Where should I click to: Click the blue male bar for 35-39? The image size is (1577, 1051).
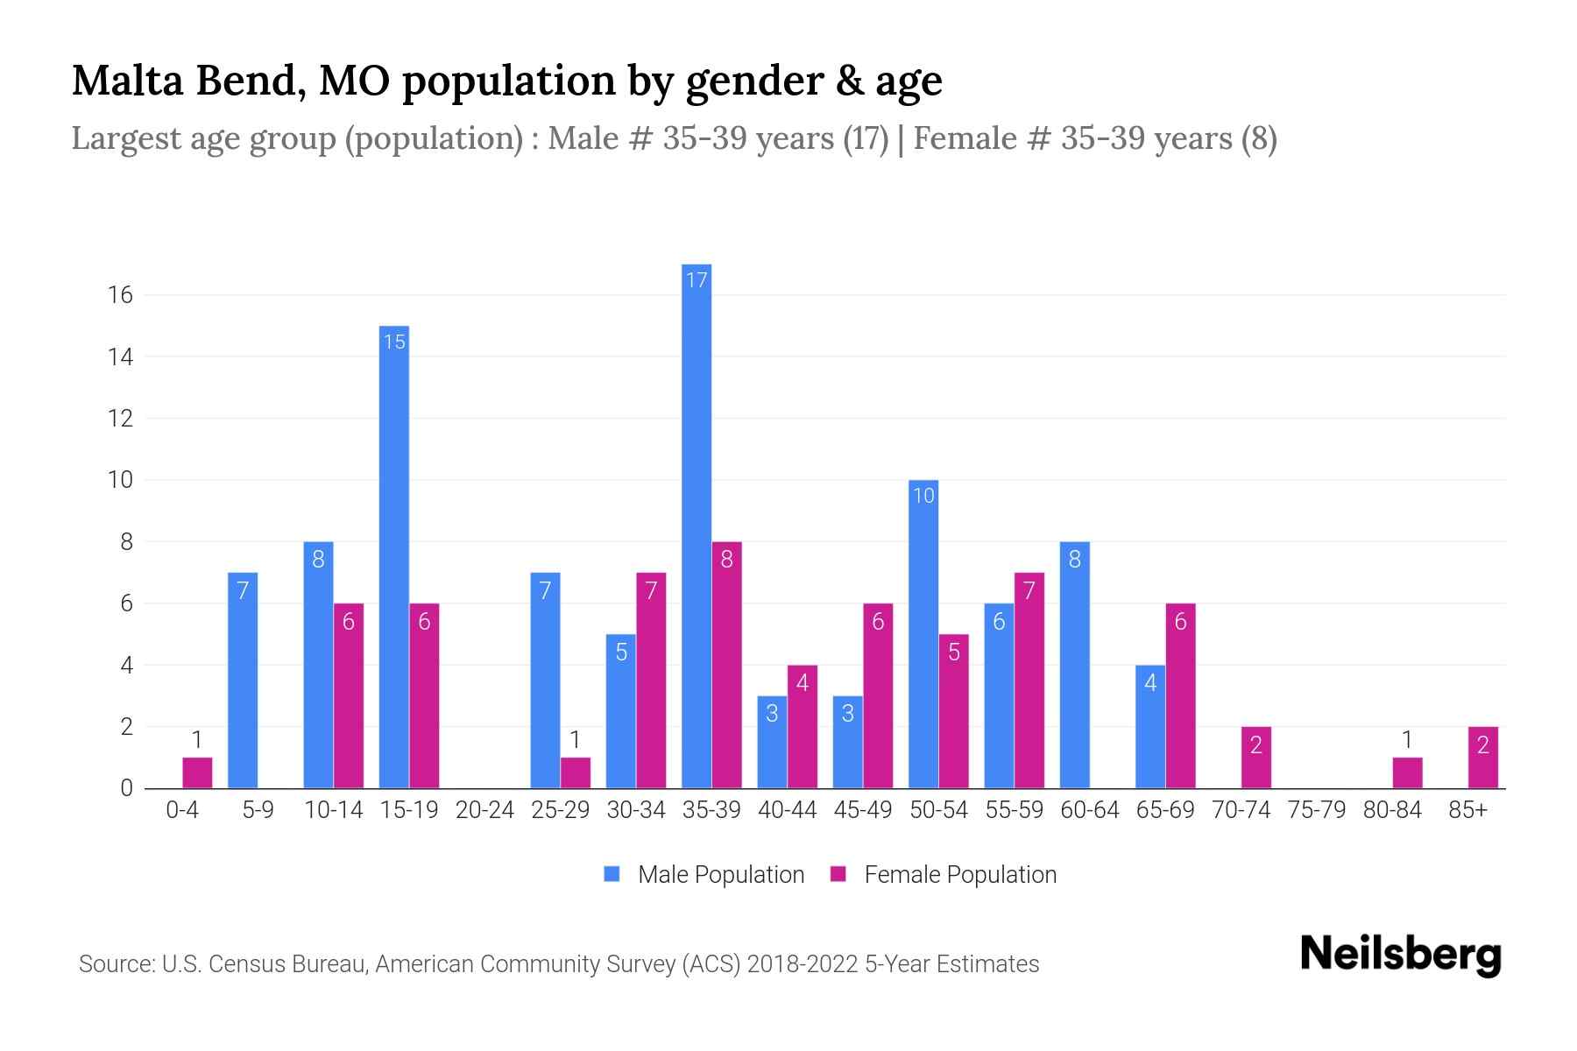[x=697, y=525]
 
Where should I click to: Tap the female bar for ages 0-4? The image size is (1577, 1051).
[x=197, y=772]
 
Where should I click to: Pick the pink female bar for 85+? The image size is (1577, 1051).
[x=1482, y=758]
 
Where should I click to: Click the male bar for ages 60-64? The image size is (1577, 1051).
[x=1074, y=666]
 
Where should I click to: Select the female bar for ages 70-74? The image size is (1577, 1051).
[x=1255, y=758]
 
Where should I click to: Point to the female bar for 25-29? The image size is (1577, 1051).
[x=576, y=772]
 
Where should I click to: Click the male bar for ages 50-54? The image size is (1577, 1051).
[x=923, y=634]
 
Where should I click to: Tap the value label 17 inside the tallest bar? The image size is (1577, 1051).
[x=697, y=280]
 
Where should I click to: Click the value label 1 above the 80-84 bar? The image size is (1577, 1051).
[x=1406, y=741]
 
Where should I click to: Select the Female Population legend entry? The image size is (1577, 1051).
[x=944, y=874]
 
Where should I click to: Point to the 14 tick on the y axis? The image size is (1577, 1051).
[x=120, y=357]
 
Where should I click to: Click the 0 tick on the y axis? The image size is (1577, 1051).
[x=126, y=788]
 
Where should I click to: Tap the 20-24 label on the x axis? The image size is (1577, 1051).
[x=484, y=810]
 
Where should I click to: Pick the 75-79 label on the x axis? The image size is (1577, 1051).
[x=1316, y=810]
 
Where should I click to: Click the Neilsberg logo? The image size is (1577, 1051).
[x=1400, y=955]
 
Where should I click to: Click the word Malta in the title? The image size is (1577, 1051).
[x=127, y=81]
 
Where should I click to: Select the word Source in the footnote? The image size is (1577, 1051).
[x=115, y=964]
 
